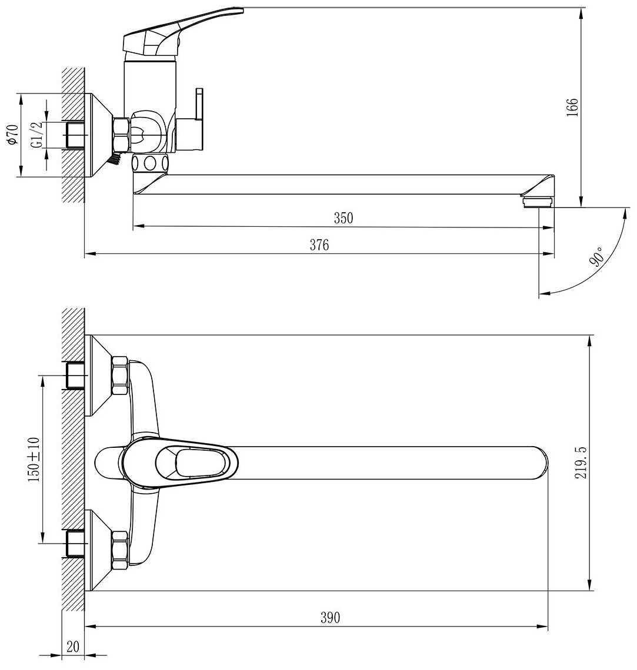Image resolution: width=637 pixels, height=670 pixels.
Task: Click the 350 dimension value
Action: tap(343, 218)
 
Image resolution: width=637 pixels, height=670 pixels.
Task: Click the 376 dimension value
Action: tap(319, 245)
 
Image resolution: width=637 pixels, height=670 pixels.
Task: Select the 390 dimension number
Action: tap(330, 618)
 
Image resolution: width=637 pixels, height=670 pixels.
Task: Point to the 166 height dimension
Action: tap(572, 107)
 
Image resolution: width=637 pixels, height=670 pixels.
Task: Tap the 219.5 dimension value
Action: tap(581, 463)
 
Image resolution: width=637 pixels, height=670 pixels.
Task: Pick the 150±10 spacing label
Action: tap(34, 460)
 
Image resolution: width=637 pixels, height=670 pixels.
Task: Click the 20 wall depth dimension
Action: tap(73, 646)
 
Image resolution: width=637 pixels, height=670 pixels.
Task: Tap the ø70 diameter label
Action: tap(11, 135)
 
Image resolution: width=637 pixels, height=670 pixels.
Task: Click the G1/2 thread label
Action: tap(36, 135)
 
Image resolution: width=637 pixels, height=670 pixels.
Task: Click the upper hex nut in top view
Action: tap(119, 376)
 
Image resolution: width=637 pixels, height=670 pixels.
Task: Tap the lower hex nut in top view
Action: tap(119, 550)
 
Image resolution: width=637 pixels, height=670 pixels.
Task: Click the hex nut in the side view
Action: tap(121, 135)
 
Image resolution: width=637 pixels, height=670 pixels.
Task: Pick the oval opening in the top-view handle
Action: tap(200, 463)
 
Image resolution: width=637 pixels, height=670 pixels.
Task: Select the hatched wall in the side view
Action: tap(74, 135)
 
